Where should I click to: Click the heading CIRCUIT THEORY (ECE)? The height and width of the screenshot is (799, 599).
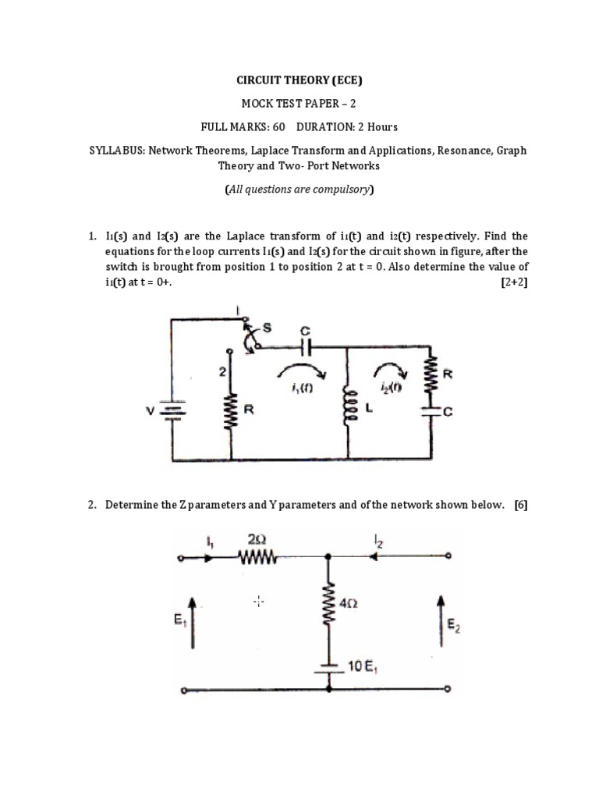point(299,80)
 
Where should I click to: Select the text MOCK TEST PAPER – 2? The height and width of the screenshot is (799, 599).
point(299,103)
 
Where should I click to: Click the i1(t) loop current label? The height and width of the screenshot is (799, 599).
point(299,390)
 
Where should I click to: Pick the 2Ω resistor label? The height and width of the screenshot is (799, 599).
point(261,538)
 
